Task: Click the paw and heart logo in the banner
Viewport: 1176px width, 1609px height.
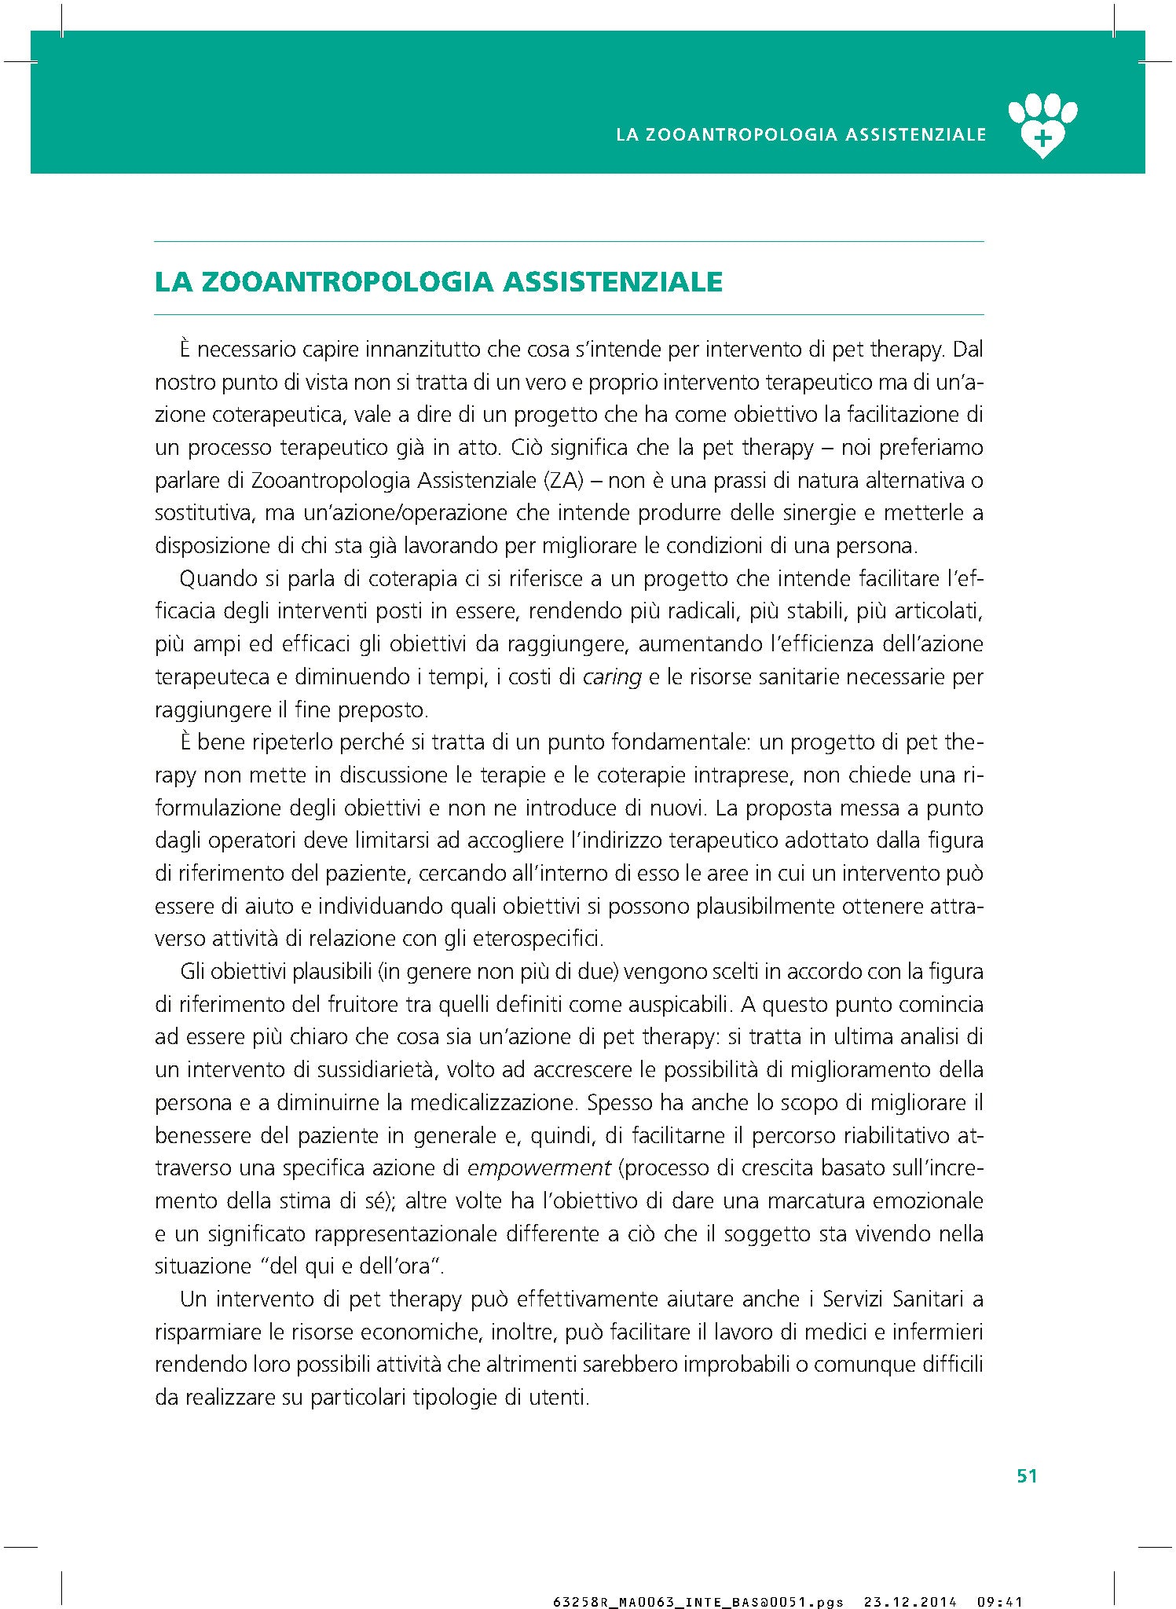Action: (1042, 125)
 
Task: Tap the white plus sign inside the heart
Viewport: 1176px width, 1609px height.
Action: (1042, 139)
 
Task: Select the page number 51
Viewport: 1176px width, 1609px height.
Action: (1027, 1476)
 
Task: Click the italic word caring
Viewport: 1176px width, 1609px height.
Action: (612, 677)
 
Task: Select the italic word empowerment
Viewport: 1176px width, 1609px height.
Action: (539, 1168)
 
